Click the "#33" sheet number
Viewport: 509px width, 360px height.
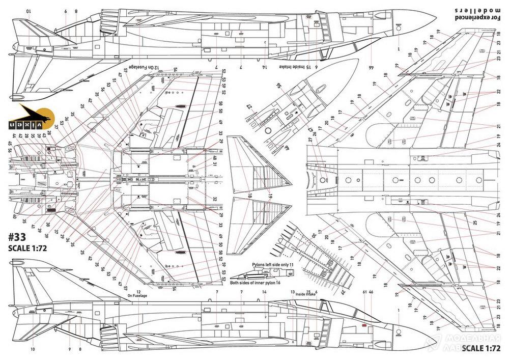tap(19, 237)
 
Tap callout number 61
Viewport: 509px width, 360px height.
tap(364, 292)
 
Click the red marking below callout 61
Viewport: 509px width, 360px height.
tap(363, 323)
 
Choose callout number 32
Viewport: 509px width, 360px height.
tap(215, 199)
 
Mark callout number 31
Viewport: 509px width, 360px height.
tap(215, 169)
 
